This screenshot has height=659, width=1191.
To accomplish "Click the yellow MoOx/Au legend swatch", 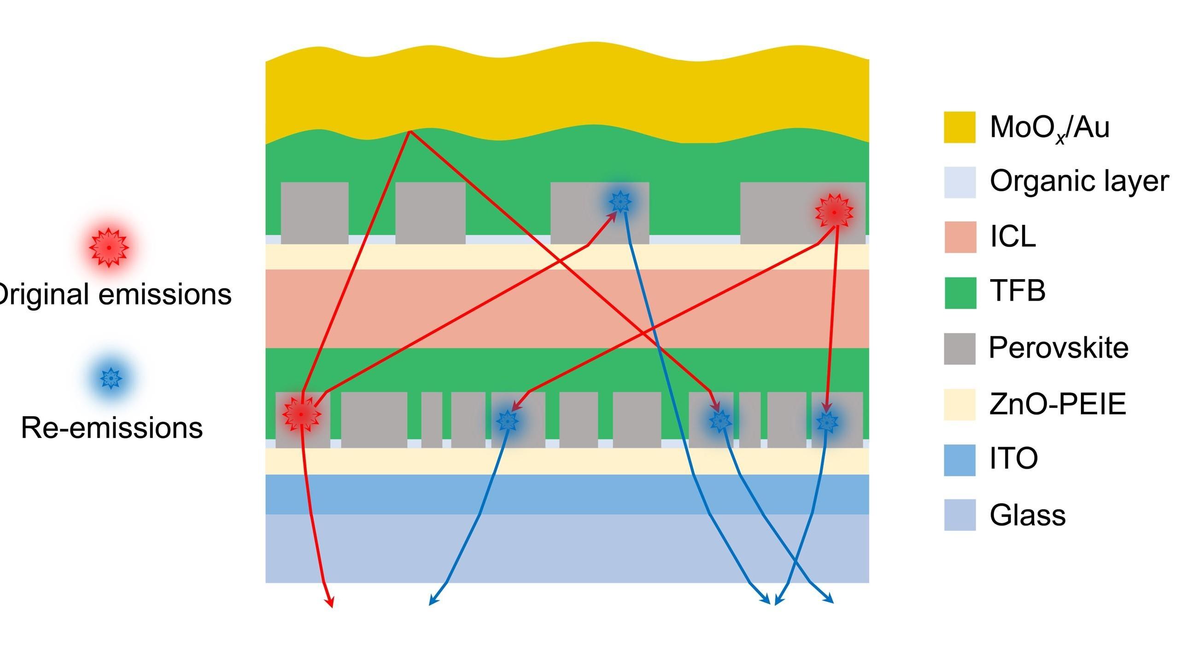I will [x=959, y=127].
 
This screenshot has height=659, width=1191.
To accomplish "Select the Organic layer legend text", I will [x=1079, y=181].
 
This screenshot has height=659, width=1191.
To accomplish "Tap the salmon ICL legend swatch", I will [x=960, y=237].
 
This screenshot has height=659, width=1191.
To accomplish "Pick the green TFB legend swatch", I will [x=960, y=292].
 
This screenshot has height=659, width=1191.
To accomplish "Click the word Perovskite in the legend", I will [x=1058, y=348].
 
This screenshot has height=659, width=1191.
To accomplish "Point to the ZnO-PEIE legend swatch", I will [x=959, y=404].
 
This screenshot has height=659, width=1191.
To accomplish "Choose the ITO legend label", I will [x=1014, y=458].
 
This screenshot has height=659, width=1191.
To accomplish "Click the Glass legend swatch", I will [x=959, y=515].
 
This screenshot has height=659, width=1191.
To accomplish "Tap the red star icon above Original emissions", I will [x=109, y=247].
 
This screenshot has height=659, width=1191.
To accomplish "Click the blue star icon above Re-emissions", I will [x=111, y=378].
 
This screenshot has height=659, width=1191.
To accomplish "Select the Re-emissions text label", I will [x=112, y=428].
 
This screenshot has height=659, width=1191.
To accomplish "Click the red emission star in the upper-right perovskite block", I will [x=834, y=212].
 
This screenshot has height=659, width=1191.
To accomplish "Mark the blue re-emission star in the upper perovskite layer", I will [x=620, y=201].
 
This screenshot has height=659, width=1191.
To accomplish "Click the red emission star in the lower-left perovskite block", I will [x=302, y=414].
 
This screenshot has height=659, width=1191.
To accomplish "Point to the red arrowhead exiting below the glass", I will [x=331, y=603].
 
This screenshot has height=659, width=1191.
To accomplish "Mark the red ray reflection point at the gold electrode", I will [x=409, y=131].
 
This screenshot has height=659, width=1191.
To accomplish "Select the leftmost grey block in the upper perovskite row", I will [x=315, y=213].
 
